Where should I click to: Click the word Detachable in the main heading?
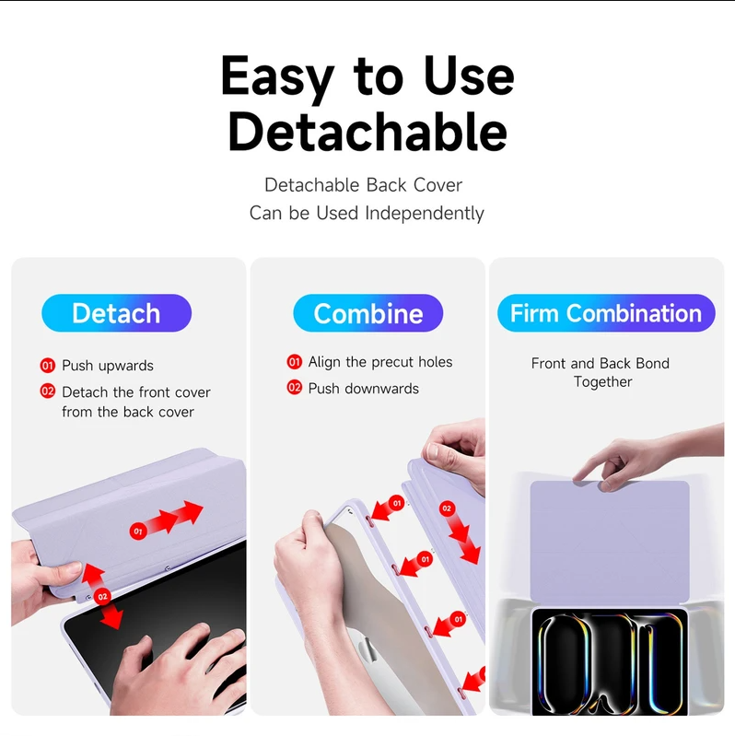367,132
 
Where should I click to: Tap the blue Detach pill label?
116,313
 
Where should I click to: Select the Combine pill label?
368,313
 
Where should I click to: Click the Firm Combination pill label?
606,313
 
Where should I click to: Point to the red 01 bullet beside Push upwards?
47,365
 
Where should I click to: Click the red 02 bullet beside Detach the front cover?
47,391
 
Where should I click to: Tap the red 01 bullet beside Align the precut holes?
295,361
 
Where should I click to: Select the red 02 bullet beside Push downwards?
295,387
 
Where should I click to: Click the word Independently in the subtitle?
425,213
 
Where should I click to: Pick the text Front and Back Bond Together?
601,372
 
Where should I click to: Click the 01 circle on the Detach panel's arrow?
138,532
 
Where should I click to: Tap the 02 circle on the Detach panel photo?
102,597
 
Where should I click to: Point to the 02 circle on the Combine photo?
447,508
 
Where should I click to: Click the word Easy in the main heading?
277,77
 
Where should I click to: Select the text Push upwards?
108,366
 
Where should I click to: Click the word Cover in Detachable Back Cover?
437,185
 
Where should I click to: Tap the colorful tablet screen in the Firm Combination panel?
610,661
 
